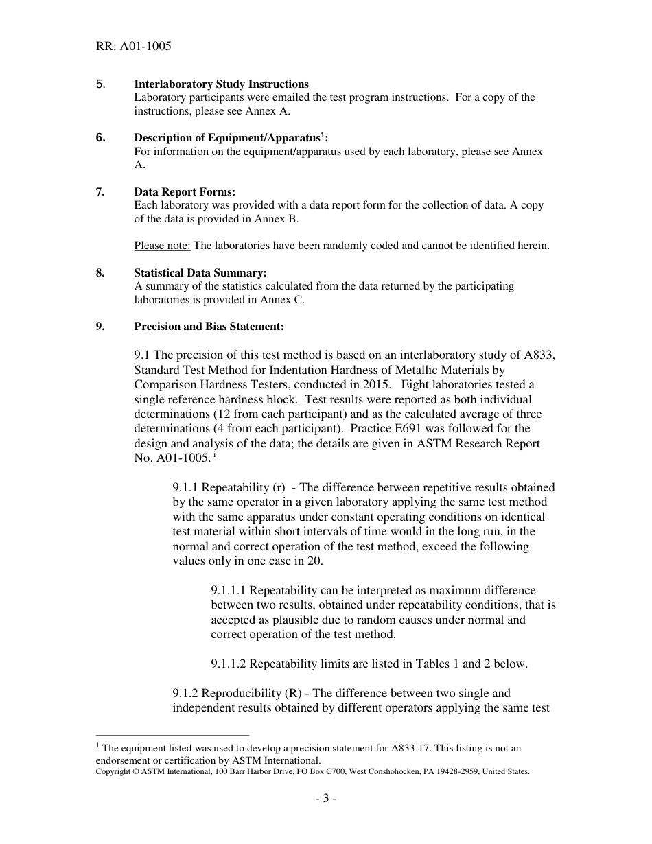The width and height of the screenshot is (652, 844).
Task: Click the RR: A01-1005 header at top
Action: point(133,47)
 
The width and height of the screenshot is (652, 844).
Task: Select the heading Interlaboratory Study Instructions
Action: point(221,84)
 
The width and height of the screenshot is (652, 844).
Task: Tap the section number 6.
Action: point(100,138)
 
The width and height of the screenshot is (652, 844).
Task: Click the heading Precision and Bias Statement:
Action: point(209,327)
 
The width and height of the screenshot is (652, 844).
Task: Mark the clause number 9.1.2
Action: point(186,693)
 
